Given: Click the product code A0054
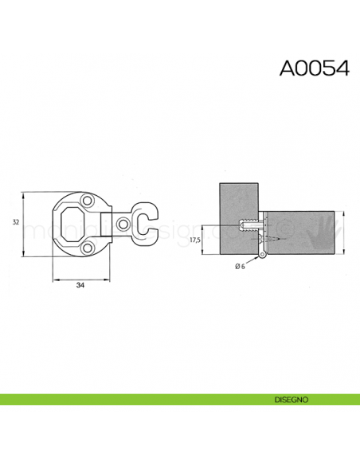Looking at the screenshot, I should pyautogui.click(x=314, y=68).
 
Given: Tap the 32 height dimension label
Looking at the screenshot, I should pyautogui.click(x=15, y=222).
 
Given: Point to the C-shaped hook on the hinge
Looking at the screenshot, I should pyautogui.click(x=145, y=222).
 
